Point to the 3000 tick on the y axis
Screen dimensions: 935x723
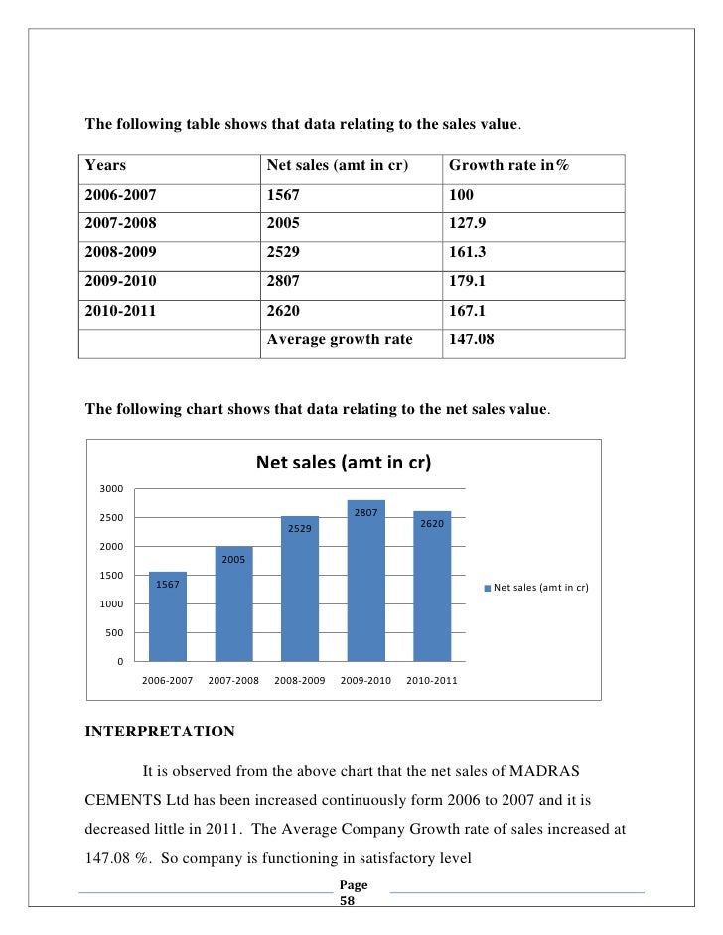[x=110, y=489]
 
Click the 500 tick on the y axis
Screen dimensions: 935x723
[x=113, y=632]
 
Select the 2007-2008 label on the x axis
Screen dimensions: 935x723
[x=233, y=681]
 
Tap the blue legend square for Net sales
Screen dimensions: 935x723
[x=487, y=588]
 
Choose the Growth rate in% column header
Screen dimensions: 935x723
[x=509, y=165]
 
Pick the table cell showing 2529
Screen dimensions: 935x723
[x=283, y=252]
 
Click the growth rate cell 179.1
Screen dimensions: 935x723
[x=467, y=281]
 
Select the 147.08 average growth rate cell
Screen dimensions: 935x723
[x=471, y=338]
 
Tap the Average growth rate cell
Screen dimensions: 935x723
[x=340, y=338]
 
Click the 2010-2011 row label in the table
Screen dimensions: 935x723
[x=120, y=310]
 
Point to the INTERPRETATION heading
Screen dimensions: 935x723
[x=160, y=733]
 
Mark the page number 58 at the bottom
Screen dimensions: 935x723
[x=347, y=903]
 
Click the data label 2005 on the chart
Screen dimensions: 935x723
[x=233, y=560]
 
